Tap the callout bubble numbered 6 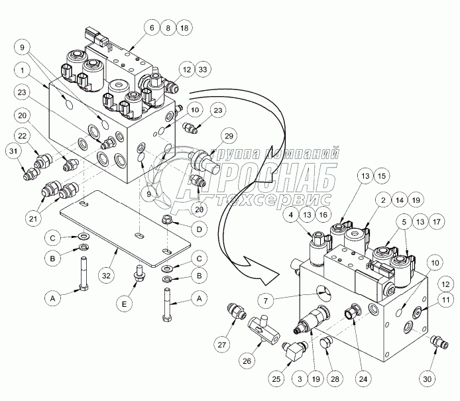pos(152,28)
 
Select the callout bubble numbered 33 pos(202,68)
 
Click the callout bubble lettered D pos(198,229)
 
